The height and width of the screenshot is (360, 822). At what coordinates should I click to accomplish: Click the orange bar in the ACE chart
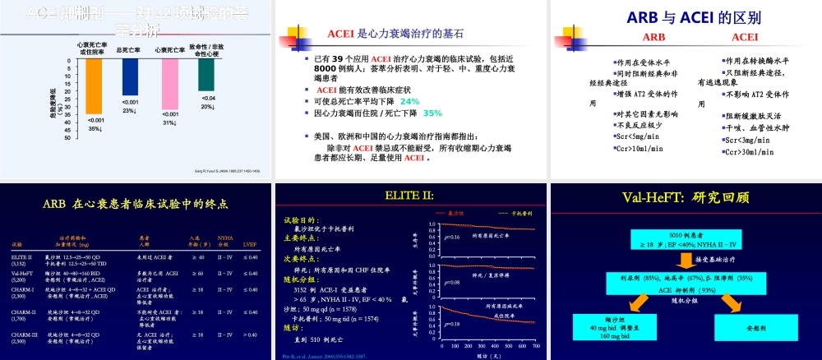(x=95, y=90)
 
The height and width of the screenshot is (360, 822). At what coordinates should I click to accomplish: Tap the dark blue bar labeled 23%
(x=131, y=79)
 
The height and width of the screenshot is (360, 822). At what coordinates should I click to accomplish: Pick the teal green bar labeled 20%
(x=206, y=76)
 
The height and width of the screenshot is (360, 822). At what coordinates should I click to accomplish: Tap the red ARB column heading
(x=654, y=37)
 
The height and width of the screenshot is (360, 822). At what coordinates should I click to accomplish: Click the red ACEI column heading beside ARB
(x=745, y=37)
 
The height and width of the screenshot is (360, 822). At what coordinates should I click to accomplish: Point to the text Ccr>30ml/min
(x=746, y=152)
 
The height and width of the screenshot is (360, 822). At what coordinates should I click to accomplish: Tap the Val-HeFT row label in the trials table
(x=22, y=273)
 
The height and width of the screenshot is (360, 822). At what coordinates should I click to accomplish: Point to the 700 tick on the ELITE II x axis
(x=535, y=347)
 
